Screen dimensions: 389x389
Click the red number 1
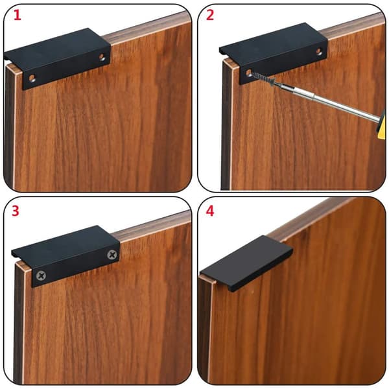17,16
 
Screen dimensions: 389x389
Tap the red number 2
210,16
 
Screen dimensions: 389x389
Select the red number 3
16,211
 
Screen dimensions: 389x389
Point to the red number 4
210,211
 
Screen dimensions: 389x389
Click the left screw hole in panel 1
32,78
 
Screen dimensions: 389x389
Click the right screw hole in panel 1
102,57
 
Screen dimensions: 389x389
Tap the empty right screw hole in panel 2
319,52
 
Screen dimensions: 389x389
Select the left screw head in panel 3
41,276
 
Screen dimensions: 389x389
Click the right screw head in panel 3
112,255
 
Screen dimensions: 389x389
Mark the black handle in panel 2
274,53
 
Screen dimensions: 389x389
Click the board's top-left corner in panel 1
6,65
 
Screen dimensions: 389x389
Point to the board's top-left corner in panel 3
16,264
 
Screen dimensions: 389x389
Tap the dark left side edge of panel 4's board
204,330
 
